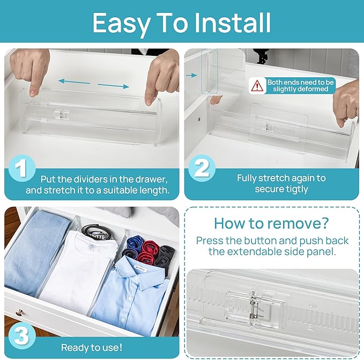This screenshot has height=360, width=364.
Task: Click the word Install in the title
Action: pos(232,23)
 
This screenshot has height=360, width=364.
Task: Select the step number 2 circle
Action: pos(201,168)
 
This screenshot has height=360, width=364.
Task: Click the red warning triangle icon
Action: pos(258,85)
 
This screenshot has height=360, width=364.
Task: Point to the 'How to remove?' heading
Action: pos(272,223)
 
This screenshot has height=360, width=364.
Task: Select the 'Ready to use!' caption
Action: pos(92,348)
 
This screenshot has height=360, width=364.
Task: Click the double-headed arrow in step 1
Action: pos(93,84)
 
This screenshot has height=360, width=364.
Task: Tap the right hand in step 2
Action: pos(346,102)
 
